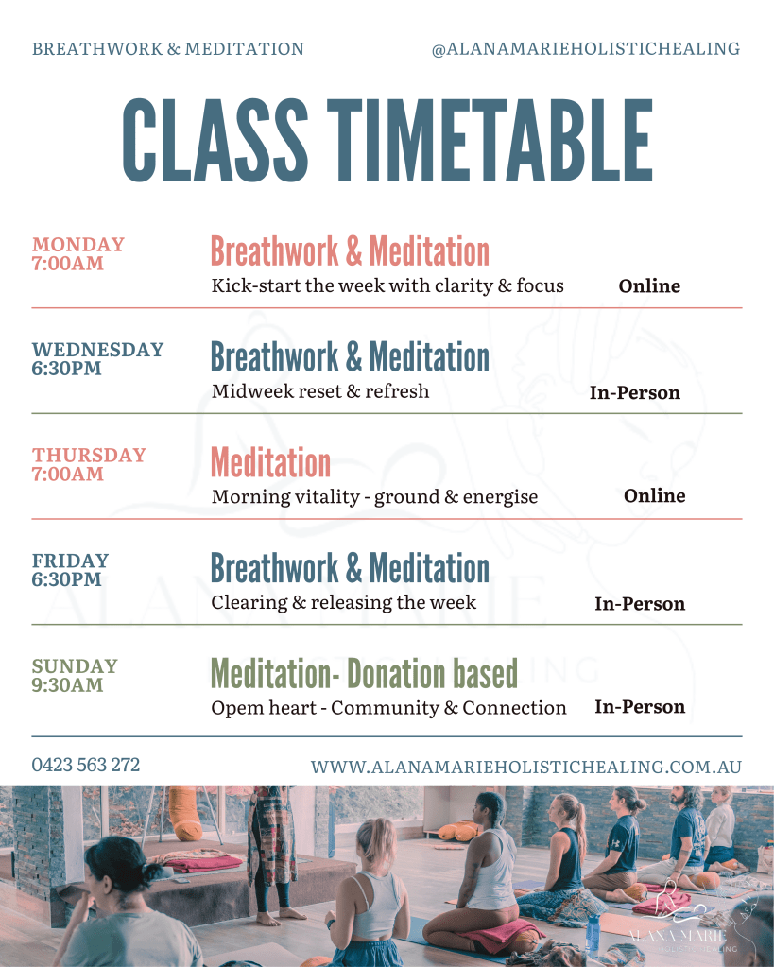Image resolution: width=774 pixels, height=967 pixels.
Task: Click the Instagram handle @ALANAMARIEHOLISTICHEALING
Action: click(x=586, y=49)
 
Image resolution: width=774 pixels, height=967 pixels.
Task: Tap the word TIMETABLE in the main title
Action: click(x=490, y=141)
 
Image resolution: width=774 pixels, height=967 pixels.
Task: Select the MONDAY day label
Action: click(x=78, y=244)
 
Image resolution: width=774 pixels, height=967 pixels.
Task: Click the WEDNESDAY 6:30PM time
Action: click(x=66, y=368)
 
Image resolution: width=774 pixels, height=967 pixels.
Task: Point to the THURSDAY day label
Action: click(x=89, y=455)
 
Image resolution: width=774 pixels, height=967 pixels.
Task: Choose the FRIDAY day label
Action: click(x=70, y=561)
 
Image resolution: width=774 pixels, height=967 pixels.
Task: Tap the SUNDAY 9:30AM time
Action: click(x=68, y=684)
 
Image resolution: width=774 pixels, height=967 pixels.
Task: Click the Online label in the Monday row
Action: click(x=649, y=285)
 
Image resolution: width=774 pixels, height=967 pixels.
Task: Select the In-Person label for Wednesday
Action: click(x=635, y=392)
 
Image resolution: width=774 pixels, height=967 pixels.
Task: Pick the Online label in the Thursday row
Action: click(x=654, y=496)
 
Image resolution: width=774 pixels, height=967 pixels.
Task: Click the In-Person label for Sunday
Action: click(x=640, y=707)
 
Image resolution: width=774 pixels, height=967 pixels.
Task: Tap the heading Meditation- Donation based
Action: click(x=364, y=673)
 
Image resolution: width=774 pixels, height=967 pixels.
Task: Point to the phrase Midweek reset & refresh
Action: click(x=320, y=391)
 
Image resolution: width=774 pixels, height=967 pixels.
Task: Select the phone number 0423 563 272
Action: click(x=86, y=765)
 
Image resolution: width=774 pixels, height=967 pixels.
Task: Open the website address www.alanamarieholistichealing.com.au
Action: click(x=526, y=767)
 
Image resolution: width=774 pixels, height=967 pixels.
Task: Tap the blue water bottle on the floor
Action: click(x=593, y=932)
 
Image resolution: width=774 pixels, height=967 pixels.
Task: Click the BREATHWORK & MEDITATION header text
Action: click(x=168, y=49)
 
